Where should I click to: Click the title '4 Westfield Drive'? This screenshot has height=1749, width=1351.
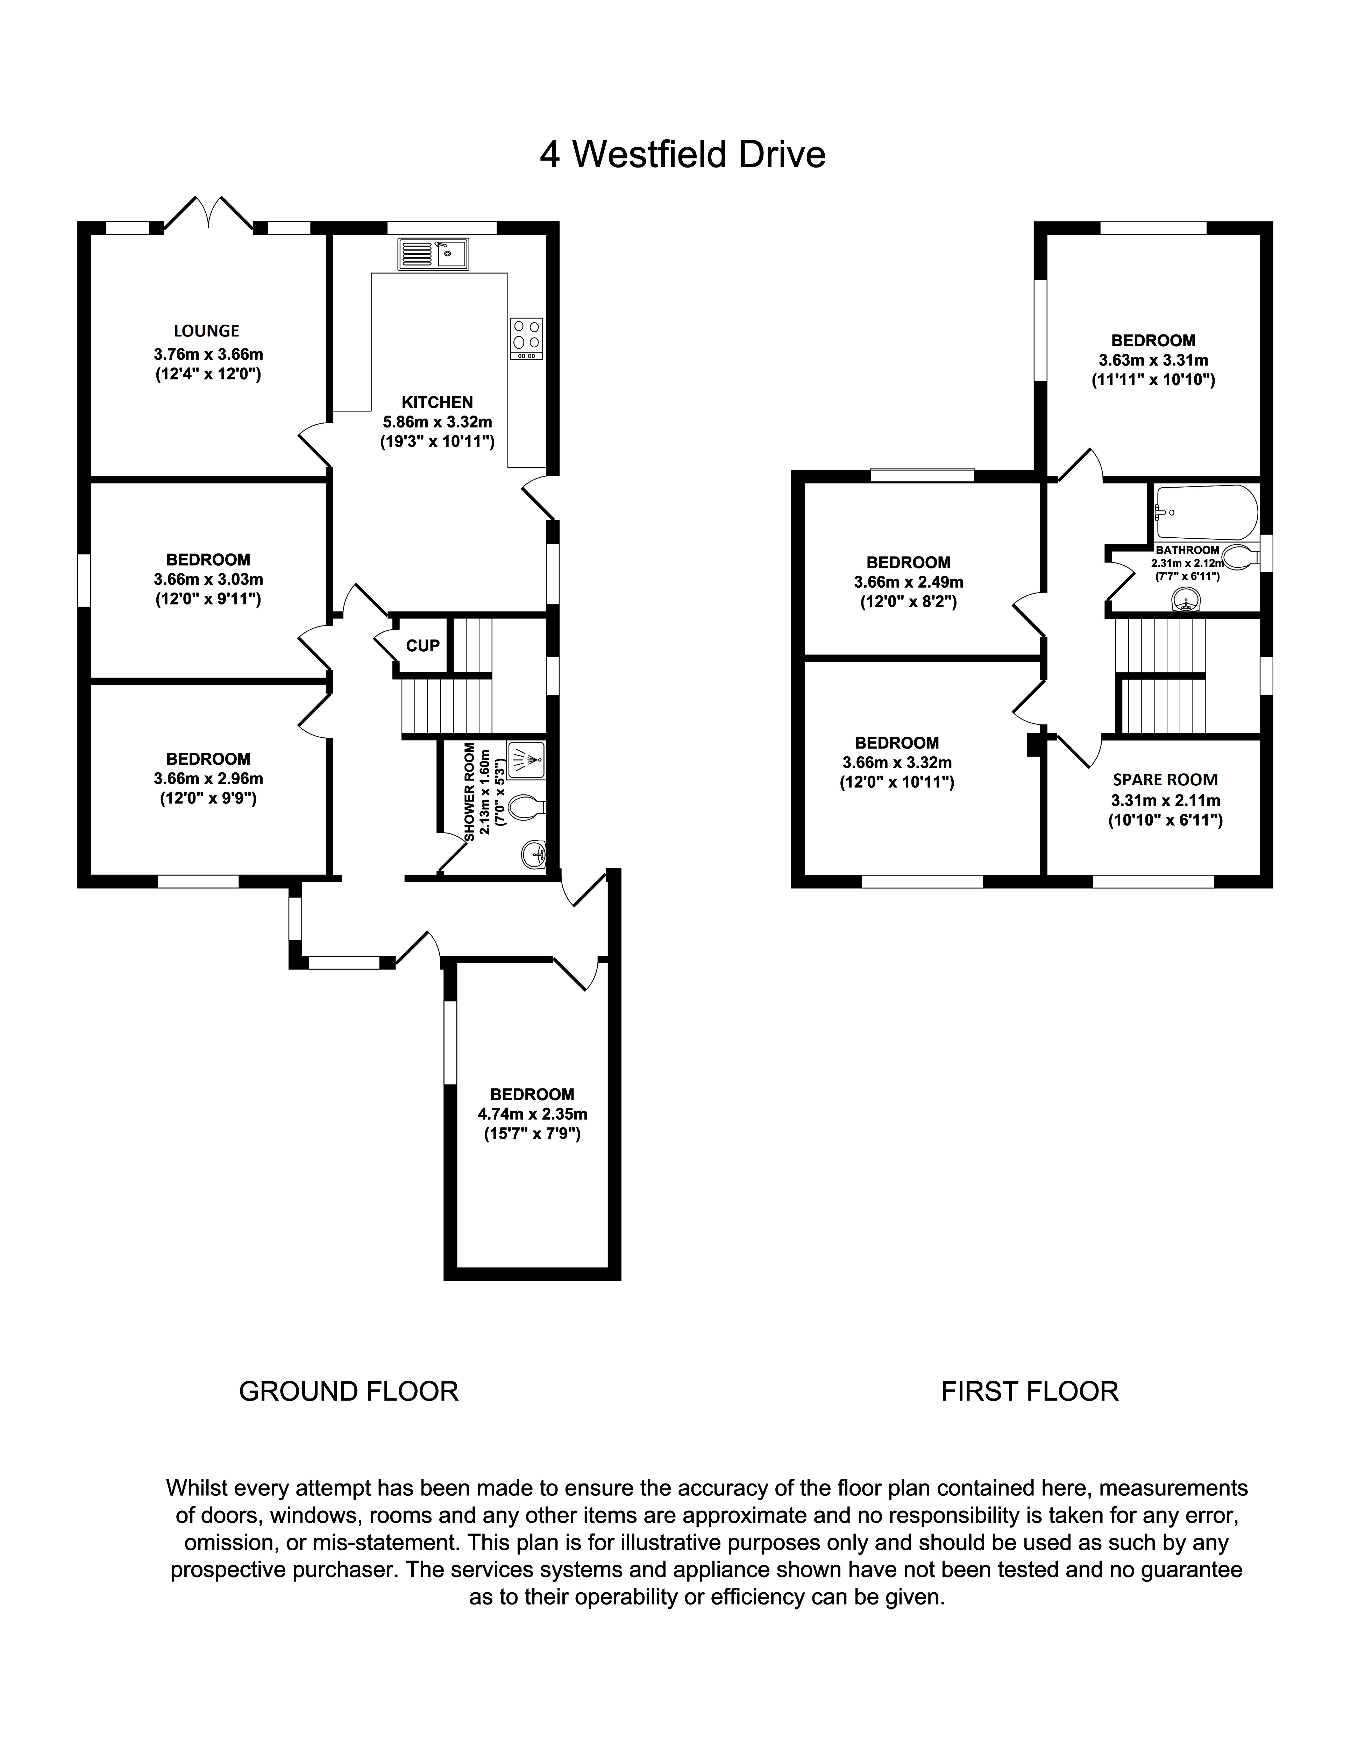coord(682,155)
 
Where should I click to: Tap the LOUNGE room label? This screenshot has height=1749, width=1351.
coord(207,331)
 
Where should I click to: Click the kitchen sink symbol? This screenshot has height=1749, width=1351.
coord(433,254)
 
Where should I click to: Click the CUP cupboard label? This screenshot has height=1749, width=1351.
coord(423,645)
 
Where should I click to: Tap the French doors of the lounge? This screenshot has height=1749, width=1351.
coord(208,214)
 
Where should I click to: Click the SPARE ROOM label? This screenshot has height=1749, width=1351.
coord(1165,779)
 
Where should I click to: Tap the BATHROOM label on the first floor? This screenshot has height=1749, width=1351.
coord(1188,550)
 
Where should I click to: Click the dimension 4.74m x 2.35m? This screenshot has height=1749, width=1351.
coord(533,1114)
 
